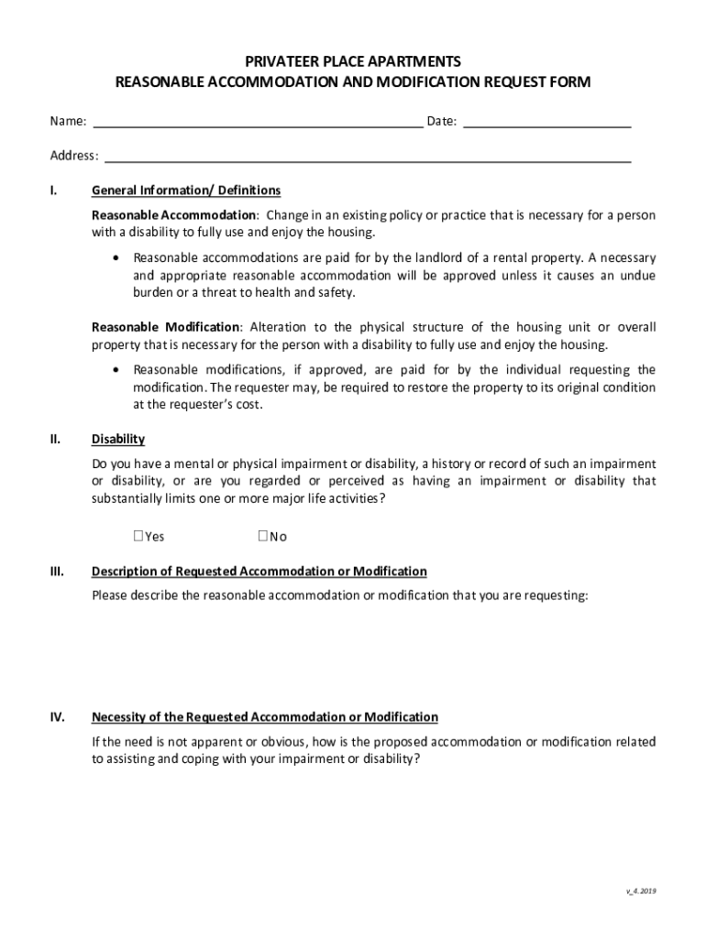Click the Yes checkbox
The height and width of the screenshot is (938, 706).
[138, 537]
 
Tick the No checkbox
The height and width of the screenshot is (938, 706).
[262, 537]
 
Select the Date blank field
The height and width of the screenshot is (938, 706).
[547, 120]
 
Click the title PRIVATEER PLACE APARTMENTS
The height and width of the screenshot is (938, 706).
[353, 61]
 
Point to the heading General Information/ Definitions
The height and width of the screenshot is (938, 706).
[186, 191]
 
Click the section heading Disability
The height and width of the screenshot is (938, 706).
[118, 440]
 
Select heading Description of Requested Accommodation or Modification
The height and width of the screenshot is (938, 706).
[259, 572]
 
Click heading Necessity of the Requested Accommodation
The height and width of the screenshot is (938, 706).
[265, 717]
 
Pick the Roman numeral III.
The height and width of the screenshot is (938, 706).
[57, 572]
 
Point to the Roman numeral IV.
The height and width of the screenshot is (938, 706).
[57, 717]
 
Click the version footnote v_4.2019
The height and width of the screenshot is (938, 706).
[640, 891]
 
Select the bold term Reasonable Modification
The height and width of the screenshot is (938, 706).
[165, 327]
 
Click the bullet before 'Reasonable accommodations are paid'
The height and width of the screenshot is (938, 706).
[115, 258]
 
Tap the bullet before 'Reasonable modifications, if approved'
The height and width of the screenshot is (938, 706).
[115, 370]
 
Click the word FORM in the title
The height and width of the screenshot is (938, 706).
[572, 82]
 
